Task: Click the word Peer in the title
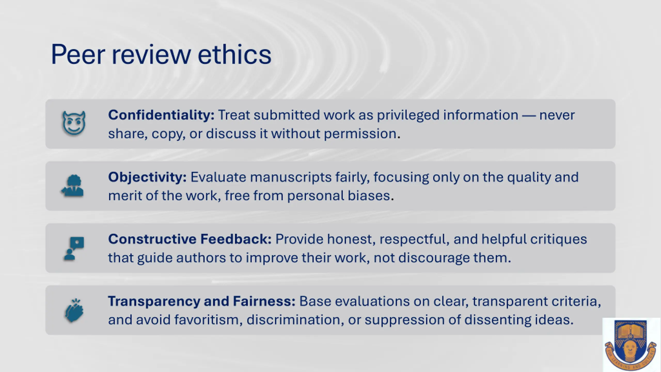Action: (x=78, y=55)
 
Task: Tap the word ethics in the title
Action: (x=234, y=54)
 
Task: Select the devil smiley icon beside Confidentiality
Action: (x=74, y=123)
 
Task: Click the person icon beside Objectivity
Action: (x=73, y=186)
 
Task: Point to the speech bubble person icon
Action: (x=74, y=248)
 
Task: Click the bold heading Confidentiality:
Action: (x=161, y=115)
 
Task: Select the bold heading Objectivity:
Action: (x=147, y=177)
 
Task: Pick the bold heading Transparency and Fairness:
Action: (x=202, y=301)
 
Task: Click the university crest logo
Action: (x=631, y=345)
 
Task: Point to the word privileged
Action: (x=408, y=115)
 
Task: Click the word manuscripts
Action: (x=291, y=177)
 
